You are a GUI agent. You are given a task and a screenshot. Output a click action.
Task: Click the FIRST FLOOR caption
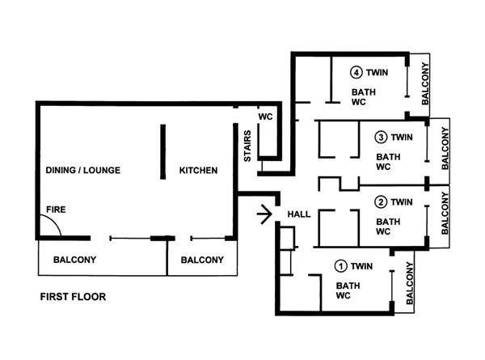(x=73, y=297)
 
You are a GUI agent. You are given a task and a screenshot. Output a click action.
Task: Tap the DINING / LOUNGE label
(x=83, y=170)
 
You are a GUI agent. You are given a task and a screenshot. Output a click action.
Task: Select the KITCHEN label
(x=198, y=170)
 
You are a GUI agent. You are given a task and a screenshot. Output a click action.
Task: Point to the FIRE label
(x=56, y=210)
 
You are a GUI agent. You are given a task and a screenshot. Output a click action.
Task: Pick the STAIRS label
(x=247, y=146)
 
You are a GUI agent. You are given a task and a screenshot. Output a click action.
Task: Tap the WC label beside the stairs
(x=265, y=116)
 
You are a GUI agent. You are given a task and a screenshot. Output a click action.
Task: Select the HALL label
(x=299, y=214)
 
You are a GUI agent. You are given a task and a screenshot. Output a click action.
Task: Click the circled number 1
(x=341, y=266)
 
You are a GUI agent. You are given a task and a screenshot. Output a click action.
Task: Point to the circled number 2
(x=381, y=202)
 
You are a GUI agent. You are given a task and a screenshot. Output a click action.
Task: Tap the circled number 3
(x=381, y=138)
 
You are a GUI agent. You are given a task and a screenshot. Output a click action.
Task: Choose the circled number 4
(x=356, y=73)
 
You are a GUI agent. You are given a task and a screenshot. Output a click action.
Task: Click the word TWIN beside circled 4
(x=377, y=73)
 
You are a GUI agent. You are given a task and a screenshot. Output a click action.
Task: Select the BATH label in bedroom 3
(x=388, y=157)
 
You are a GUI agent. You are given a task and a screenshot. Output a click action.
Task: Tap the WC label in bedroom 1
(x=343, y=295)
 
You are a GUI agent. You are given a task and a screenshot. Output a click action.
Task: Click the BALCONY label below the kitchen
(x=202, y=260)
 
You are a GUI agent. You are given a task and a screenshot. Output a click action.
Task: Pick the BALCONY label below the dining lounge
(x=74, y=260)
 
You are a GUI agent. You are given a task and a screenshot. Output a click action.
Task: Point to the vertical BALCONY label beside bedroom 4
(x=425, y=83)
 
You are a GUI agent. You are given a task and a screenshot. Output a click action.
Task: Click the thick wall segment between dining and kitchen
(x=162, y=151)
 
